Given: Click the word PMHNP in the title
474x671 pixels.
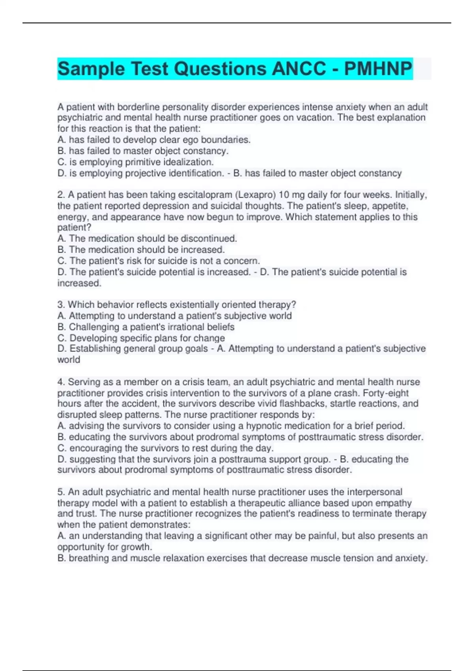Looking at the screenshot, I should click(378, 69).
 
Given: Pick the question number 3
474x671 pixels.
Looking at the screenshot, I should click(61, 305).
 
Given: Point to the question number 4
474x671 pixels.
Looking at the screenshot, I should click(61, 382).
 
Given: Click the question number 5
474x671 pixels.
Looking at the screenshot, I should click(61, 492).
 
